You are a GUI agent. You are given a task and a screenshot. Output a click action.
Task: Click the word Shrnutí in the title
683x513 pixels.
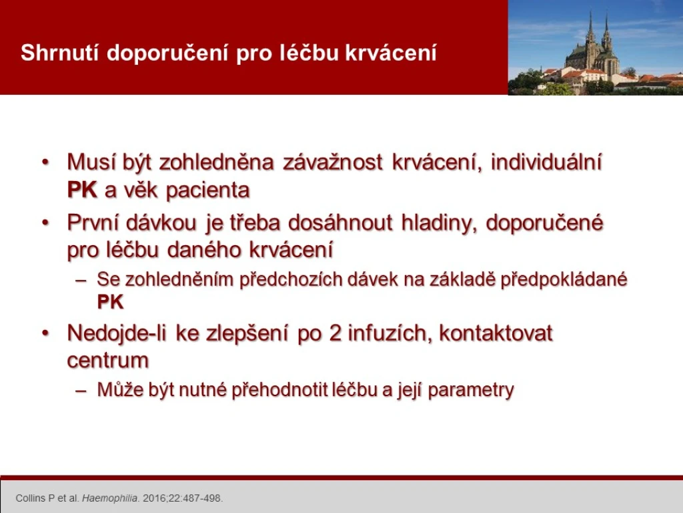tap(60, 53)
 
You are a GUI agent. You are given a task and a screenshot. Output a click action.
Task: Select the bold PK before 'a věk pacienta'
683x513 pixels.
tap(82, 190)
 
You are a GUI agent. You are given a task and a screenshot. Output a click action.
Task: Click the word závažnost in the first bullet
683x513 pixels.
tap(332, 162)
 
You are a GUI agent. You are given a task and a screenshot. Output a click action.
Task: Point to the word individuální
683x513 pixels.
tap(546, 162)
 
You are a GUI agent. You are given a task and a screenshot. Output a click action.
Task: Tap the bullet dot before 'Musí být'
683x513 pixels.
tap(45, 162)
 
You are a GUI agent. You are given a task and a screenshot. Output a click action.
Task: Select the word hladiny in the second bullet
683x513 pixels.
tap(438, 223)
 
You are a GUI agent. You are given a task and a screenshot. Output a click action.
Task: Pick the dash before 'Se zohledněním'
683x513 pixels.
tap(81, 280)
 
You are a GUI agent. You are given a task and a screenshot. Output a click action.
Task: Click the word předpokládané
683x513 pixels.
tap(564, 280)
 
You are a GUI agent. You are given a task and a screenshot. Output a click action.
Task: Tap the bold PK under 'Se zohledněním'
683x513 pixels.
tap(110, 302)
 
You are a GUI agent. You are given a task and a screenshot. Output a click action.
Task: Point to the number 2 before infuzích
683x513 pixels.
tap(335, 333)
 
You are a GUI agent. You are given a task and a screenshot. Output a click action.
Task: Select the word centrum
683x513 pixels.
tap(108, 361)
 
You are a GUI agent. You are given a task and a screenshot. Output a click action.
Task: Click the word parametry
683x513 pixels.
tap(471, 390)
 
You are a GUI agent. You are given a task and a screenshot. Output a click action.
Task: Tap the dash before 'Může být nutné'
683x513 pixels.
tap(81, 390)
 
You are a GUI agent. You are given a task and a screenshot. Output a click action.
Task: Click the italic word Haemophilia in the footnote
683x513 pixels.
tap(110, 498)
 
